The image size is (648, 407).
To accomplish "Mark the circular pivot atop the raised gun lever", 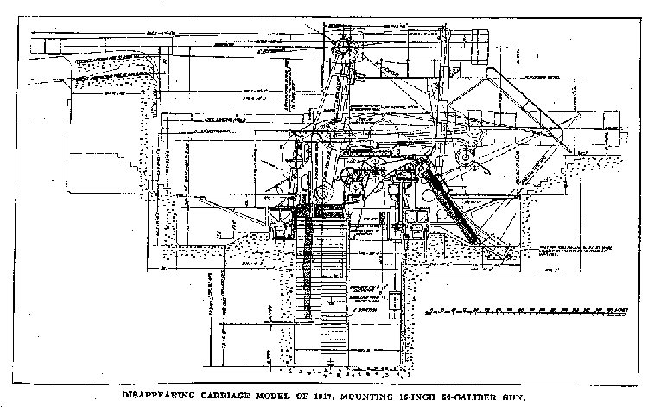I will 343,44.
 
